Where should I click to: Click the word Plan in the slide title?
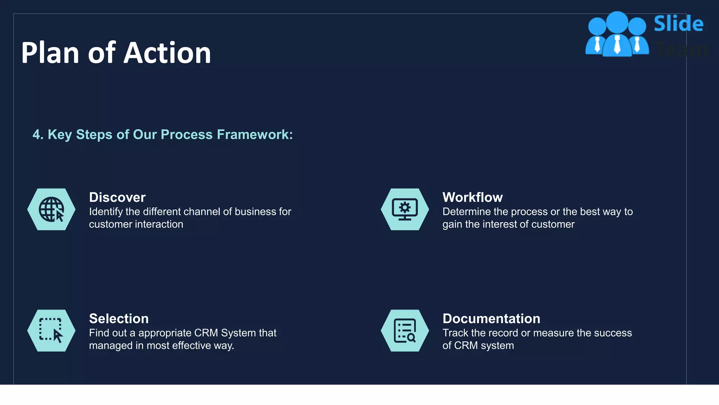pyautogui.click(x=50, y=53)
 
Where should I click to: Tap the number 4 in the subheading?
pyautogui.click(x=36, y=135)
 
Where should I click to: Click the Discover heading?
pyautogui.click(x=117, y=197)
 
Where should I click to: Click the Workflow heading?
pyautogui.click(x=473, y=197)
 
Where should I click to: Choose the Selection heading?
pyautogui.click(x=119, y=319)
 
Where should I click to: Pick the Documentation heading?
pyautogui.click(x=491, y=319)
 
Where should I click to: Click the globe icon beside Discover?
pyautogui.click(x=51, y=210)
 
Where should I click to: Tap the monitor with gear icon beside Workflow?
pyautogui.click(x=405, y=210)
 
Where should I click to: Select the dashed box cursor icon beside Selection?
pyautogui.click(x=51, y=330)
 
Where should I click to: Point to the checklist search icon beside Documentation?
pyautogui.click(x=405, y=330)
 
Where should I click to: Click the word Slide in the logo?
pyautogui.click(x=678, y=24)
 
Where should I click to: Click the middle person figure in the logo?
pyautogui.click(x=617, y=35)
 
